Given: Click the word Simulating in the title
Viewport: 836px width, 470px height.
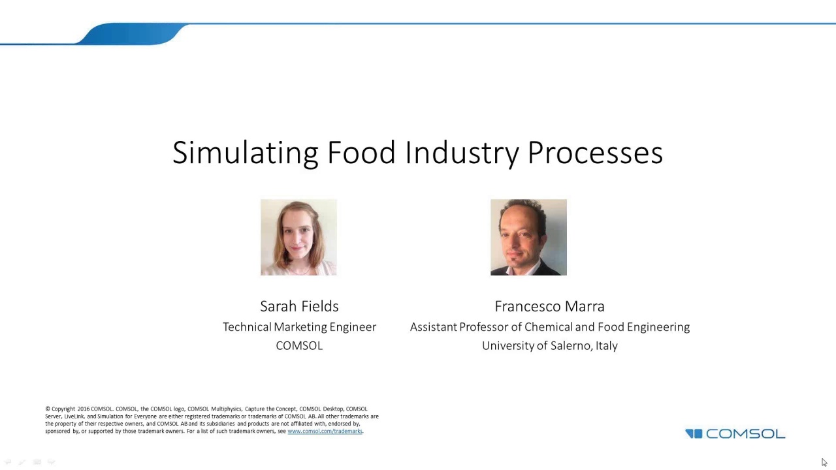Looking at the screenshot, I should click(x=246, y=153).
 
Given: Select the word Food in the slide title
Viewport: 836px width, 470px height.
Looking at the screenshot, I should click(x=361, y=153).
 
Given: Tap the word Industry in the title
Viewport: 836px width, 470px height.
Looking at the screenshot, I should click(x=462, y=153).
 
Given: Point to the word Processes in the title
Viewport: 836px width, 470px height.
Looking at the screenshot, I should click(x=595, y=153).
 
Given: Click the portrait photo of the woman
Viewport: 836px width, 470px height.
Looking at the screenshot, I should click(x=298, y=237).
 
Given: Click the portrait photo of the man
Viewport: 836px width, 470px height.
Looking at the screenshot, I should click(x=528, y=237).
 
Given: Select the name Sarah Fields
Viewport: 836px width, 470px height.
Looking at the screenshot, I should click(x=299, y=306).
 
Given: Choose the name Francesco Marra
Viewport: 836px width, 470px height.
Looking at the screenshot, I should click(x=549, y=306).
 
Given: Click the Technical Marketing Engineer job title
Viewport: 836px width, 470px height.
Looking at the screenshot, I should click(x=299, y=327).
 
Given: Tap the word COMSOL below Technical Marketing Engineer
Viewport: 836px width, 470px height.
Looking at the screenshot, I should click(x=299, y=346).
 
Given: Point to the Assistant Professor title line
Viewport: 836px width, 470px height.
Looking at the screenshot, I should click(x=549, y=327).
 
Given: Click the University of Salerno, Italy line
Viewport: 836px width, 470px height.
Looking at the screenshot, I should click(x=549, y=346).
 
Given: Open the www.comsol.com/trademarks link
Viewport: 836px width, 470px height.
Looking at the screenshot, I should click(x=325, y=431).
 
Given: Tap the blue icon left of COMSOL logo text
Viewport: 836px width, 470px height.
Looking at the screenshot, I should click(x=694, y=433).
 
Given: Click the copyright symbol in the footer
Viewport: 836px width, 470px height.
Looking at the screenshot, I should click(x=48, y=409).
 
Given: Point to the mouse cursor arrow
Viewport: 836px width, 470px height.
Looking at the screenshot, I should click(x=824, y=462).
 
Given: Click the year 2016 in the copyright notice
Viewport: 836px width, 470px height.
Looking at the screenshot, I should click(x=83, y=409).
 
